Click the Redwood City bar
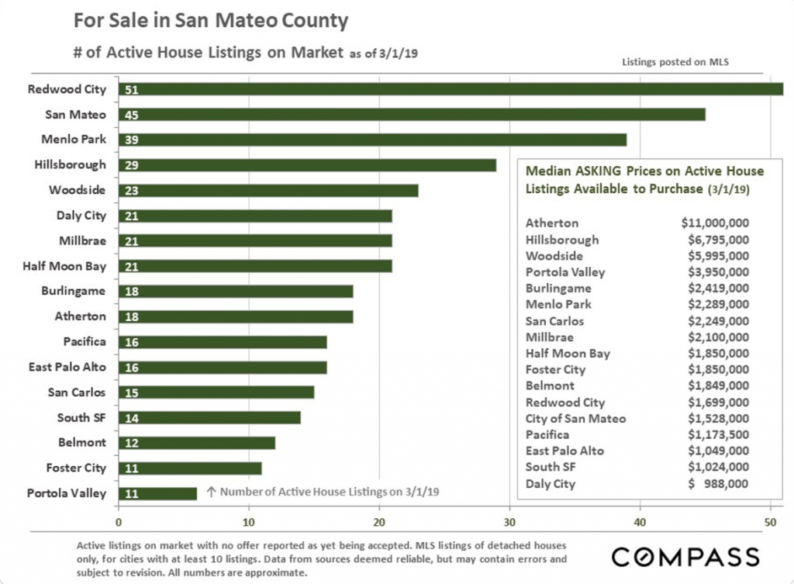(x=451, y=89)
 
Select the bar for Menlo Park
(x=373, y=140)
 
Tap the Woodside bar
(x=268, y=191)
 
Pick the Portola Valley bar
(x=158, y=493)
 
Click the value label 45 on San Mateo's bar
(x=132, y=115)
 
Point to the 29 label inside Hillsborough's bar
(x=132, y=166)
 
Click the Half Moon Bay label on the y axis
(x=64, y=267)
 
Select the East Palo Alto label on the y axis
(x=67, y=367)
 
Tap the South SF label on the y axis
(x=81, y=418)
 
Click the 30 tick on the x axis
(x=509, y=522)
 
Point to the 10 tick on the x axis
(x=249, y=522)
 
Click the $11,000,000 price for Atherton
(x=715, y=223)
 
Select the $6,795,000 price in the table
(x=719, y=240)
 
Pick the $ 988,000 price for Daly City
(x=718, y=484)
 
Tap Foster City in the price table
(x=555, y=370)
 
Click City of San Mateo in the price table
(x=576, y=419)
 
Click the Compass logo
(x=685, y=558)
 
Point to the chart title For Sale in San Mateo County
(x=211, y=21)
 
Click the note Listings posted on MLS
(x=675, y=62)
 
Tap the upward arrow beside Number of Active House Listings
(x=212, y=492)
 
